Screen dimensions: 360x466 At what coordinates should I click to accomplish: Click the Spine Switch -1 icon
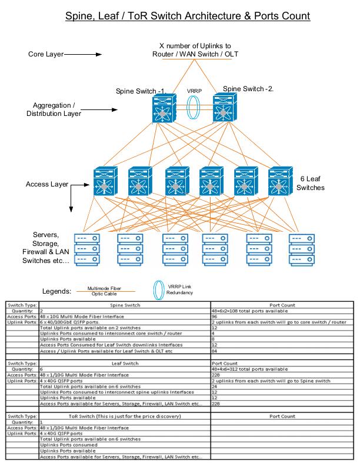pos(164,108)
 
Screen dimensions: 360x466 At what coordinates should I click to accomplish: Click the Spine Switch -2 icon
pos(225,107)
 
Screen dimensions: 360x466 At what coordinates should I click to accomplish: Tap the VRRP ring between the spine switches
pos(193,107)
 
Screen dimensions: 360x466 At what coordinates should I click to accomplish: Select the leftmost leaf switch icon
pos(105,181)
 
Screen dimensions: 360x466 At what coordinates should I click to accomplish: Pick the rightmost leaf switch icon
pos(281,181)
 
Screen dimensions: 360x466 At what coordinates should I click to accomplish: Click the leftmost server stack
pos(87,249)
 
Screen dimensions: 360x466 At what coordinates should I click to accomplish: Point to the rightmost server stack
pos(302,249)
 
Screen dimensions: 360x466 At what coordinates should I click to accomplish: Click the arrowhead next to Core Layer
pos(99,54)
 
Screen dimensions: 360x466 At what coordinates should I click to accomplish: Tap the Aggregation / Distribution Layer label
pos(54,109)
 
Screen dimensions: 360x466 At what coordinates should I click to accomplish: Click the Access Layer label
pos(47,184)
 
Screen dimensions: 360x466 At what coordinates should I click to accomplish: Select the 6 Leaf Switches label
pos(311,183)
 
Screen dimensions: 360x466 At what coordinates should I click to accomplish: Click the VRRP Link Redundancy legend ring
pos(159,289)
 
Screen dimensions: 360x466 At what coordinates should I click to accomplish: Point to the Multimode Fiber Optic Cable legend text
pos(104,291)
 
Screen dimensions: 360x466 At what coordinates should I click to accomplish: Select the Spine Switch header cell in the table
pos(125,305)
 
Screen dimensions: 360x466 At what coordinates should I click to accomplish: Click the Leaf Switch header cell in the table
pos(125,363)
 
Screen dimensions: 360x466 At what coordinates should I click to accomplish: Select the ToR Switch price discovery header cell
pos(125,416)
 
